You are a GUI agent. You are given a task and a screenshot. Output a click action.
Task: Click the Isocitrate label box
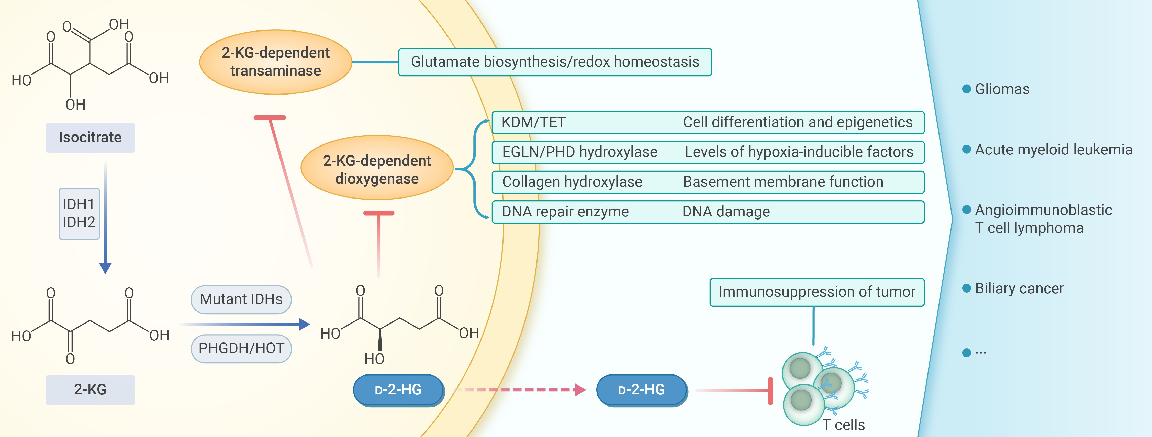click(90, 138)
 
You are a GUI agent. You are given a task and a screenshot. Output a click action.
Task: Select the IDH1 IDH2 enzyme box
click(79, 214)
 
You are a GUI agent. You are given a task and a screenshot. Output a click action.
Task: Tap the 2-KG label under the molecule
click(90, 390)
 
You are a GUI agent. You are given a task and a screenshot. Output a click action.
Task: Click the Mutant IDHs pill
click(241, 299)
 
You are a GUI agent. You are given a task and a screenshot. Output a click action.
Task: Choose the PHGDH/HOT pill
click(241, 348)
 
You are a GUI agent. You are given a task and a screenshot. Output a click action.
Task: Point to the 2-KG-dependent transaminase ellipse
click(275, 62)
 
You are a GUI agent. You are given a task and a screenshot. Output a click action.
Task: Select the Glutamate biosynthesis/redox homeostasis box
click(555, 62)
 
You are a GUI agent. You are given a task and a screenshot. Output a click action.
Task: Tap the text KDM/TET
click(533, 122)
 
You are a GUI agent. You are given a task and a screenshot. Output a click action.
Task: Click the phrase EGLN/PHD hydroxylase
click(579, 152)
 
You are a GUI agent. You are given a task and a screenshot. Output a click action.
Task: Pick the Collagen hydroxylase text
click(572, 182)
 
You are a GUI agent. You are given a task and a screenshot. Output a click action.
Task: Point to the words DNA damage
click(726, 211)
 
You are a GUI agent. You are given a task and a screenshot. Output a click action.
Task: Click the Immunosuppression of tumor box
click(817, 292)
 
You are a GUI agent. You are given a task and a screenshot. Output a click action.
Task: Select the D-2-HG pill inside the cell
click(398, 390)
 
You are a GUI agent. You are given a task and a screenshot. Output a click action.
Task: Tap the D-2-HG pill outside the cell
click(641, 390)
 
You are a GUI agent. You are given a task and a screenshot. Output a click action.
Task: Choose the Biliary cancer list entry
click(1019, 288)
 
